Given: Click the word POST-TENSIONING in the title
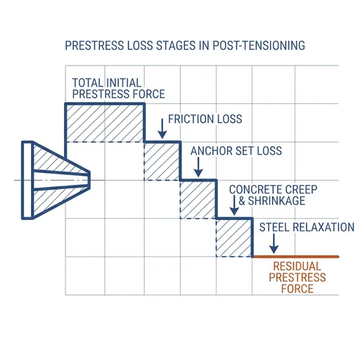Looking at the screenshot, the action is click(x=259, y=46).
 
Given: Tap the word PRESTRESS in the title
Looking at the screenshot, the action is click(x=94, y=46).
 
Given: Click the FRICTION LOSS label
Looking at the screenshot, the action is click(x=205, y=119).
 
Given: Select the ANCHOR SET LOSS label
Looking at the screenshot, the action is click(x=236, y=150).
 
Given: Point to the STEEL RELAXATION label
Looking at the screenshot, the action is click(x=307, y=227).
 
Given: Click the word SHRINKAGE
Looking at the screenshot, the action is click(x=276, y=201).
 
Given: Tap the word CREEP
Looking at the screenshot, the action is click(x=302, y=190).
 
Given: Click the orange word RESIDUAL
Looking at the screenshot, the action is click(x=297, y=266).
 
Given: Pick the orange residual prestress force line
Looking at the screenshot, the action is click(x=296, y=257).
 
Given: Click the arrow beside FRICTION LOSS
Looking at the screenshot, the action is click(x=162, y=129).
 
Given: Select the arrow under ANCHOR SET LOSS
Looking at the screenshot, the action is click(x=198, y=167).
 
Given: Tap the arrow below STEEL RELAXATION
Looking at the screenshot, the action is click(x=274, y=244).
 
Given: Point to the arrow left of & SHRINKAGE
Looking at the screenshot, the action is click(x=234, y=205).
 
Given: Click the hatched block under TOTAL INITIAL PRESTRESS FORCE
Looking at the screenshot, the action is click(x=105, y=123).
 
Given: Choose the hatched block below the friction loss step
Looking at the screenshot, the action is click(x=162, y=162).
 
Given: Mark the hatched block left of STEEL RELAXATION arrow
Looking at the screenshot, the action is click(x=234, y=238).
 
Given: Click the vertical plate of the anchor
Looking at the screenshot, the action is click(x=27, y=180).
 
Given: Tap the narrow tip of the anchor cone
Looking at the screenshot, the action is click(x=89, y=180).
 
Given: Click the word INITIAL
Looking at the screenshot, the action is click(x=123, y=83).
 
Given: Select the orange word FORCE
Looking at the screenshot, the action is click(x=297, y=289).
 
